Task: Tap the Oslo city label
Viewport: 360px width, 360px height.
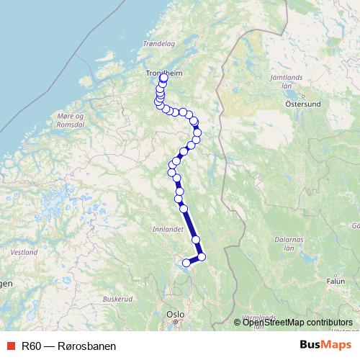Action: tap(176, 315)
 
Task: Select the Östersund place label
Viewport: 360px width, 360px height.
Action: tap(302, 103)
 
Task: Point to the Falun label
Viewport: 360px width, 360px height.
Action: tap(336, 281)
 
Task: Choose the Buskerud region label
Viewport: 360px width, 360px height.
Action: tap(118, 298)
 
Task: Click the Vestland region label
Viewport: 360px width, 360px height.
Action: tap(24, 253)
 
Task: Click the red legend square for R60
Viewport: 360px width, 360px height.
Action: tap(9, 346)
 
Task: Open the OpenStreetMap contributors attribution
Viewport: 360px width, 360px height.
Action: tap(297, 322)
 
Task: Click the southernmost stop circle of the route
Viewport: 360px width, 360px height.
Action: tap(186, 263)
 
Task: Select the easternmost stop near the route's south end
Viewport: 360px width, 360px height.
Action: tap(202, 256)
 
